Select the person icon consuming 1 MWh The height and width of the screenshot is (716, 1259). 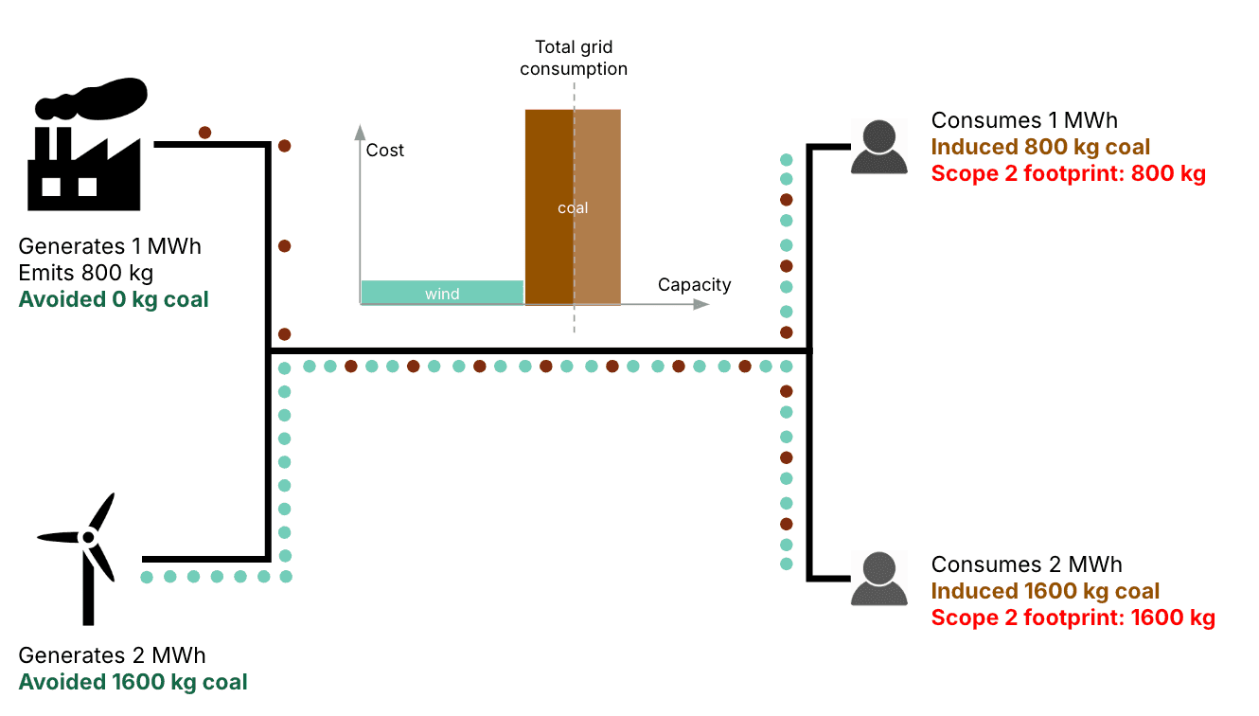[878, 148]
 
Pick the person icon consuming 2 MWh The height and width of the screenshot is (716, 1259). [878, 579]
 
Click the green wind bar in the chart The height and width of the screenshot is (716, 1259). [442, 293]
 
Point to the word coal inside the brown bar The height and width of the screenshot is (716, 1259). [573, 208]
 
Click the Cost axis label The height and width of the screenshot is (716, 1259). [385, 151]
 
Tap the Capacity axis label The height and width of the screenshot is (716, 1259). [695, 285]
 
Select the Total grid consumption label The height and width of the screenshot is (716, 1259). [574, 58]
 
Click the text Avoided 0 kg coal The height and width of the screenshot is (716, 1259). [114, 300]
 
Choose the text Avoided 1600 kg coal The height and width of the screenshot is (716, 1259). [133, 682]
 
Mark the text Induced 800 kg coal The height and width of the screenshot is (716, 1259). [1040, 148]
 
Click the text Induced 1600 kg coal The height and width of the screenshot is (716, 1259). [1045, 592]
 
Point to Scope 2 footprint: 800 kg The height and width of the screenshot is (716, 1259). [1068, 174]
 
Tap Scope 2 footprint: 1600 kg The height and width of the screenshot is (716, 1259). [1073, 618]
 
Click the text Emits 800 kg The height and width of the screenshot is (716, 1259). [86, 274]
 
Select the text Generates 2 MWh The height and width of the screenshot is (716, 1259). [112, 655]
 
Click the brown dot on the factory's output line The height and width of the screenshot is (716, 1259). [204, 133]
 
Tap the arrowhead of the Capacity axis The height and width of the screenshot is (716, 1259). [701, 304]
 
